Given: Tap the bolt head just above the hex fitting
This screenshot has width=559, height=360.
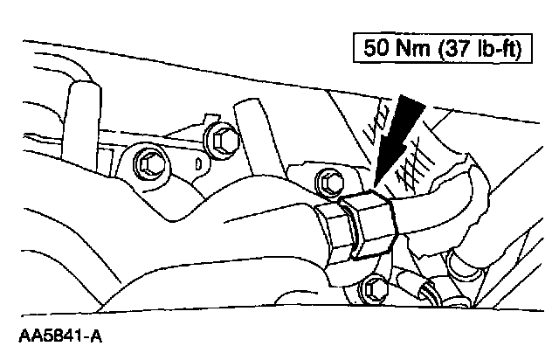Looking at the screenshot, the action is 330,181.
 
